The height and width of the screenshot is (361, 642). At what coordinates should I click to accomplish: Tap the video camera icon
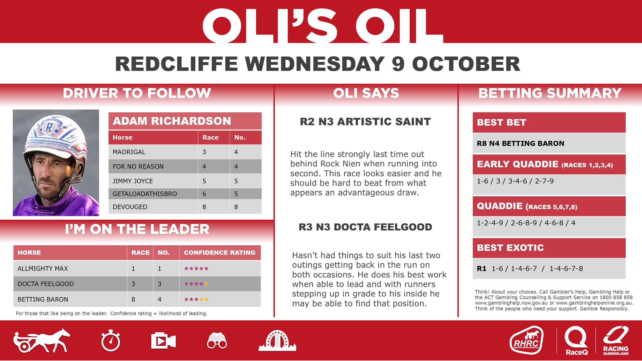163,341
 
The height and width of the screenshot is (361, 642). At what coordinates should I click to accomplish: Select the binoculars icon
217,341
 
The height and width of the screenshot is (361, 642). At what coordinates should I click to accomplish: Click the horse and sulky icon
42,341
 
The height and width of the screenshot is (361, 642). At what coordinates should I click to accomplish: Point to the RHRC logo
526,341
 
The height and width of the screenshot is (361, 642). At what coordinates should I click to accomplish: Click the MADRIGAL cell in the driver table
129,152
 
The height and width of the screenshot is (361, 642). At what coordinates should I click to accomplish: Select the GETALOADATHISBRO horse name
145,194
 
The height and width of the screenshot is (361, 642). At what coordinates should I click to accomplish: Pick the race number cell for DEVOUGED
204,207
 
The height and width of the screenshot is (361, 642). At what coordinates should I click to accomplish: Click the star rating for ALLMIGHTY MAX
196,268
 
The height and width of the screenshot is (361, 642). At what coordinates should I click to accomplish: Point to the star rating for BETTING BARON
196,299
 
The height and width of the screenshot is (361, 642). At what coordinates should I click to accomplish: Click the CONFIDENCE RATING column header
219,252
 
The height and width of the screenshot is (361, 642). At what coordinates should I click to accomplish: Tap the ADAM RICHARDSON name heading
172,121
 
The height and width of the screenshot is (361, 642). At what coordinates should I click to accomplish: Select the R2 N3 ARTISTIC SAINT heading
365,122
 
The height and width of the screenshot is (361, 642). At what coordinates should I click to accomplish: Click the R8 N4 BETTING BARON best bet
520,143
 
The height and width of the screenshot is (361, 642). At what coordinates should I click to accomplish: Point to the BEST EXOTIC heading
510,248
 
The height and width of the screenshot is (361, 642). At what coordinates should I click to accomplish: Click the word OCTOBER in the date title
466,64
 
